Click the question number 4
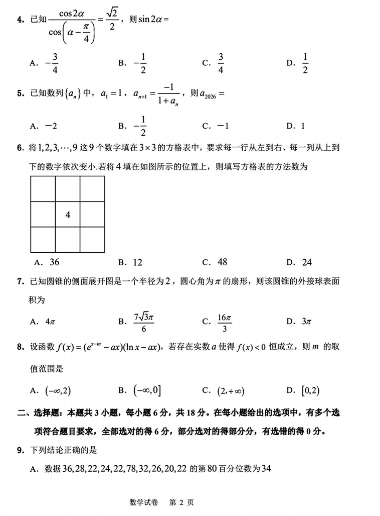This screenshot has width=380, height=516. pyautogui.click(x=20, y=20)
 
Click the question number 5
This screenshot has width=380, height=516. pyautogui.click(x=20, y=93)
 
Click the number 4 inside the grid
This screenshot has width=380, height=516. pyautogui.click(x=68, y=215)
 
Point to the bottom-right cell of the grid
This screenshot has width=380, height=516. pyautogui.click(x=93, y=240)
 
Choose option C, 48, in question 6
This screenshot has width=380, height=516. pyautogui.click(x=215, y=262)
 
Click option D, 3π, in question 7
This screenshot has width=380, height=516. pyautogui.click(x=299, y=322)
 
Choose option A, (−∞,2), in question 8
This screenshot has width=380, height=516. pyautogui.click(x=53, y=390)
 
